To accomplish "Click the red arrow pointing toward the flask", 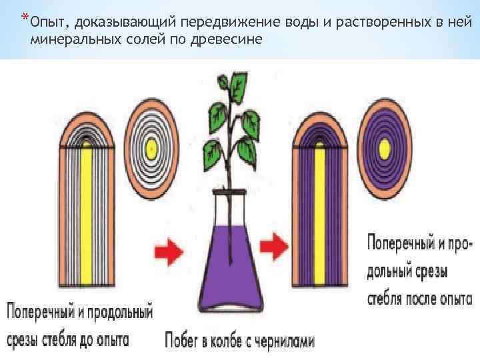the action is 167,251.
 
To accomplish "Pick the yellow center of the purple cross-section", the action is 385,147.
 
